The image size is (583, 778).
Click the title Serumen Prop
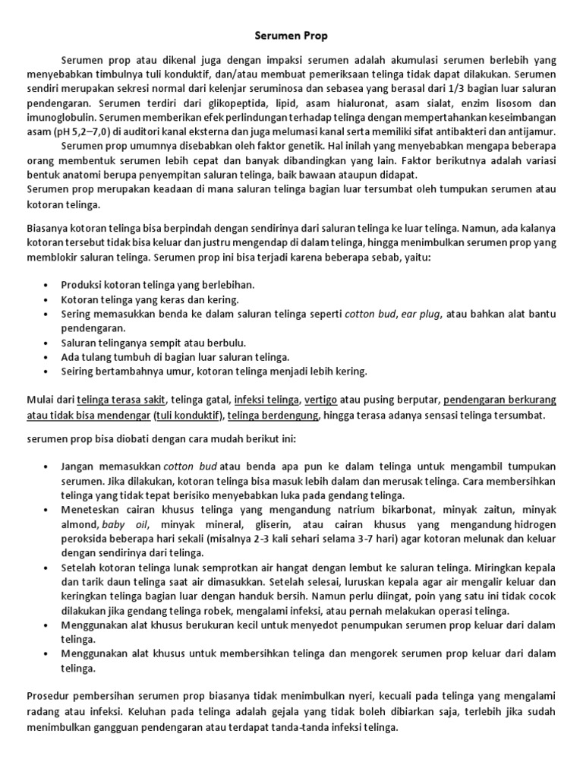tap(291, 35)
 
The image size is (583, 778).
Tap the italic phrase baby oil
tap(125, 524)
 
